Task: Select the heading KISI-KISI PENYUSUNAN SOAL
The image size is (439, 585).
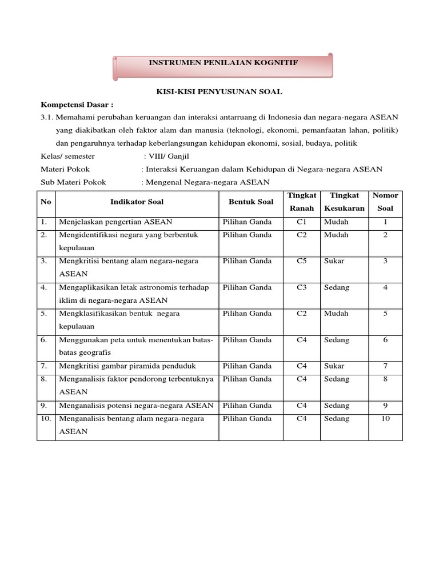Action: click(x=219, y=91)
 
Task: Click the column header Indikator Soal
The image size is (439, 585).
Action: click(x=137, y=202)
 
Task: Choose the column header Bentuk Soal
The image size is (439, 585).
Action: click(x=251, y=202)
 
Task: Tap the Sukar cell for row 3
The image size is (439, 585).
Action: click(x=334, y=261)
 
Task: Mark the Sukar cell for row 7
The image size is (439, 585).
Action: click(x=334, y=366)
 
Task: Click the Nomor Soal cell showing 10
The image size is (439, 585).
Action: click(x=385, y=419)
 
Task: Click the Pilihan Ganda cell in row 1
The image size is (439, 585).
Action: click(x=248, y=222)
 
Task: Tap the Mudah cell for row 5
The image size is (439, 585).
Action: click(x=336, y=314)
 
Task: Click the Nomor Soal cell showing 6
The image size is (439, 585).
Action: click(x=385, y=340)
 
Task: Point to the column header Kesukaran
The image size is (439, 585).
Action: click(x=344, y=209)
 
